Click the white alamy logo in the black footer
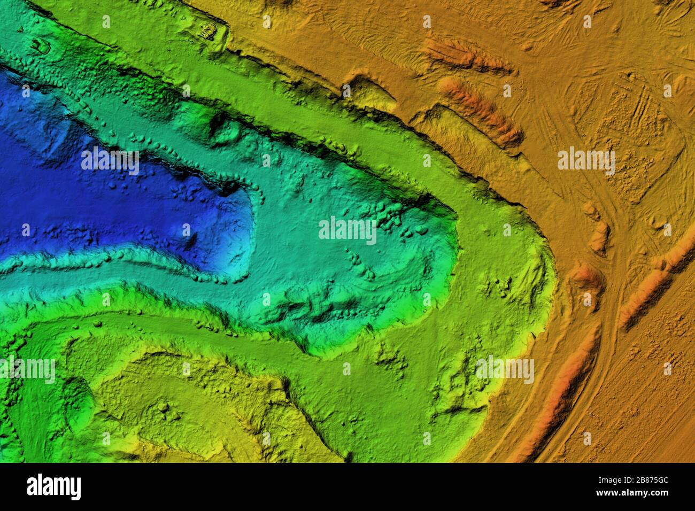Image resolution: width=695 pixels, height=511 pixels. pos(53,486)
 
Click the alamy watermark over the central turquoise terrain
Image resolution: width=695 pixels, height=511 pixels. pos(347,230)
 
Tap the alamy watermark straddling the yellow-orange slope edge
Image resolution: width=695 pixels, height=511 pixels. pos(505,370)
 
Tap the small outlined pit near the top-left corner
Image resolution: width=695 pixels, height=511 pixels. pos(40,46)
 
